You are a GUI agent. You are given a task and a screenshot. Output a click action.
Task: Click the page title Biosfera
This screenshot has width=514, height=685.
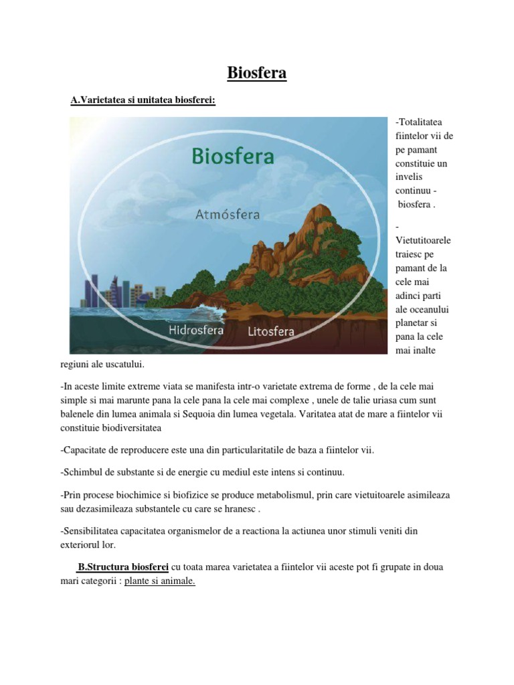257,73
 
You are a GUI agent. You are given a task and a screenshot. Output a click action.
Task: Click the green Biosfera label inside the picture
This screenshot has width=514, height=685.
233,157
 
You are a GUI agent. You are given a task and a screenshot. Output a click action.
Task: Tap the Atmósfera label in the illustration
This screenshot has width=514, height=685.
228,215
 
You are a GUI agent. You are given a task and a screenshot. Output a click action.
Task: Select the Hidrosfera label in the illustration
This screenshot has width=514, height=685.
196,330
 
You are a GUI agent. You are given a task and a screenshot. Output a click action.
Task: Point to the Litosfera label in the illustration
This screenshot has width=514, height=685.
271,331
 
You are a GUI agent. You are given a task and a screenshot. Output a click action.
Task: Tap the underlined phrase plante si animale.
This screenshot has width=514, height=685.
159,581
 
